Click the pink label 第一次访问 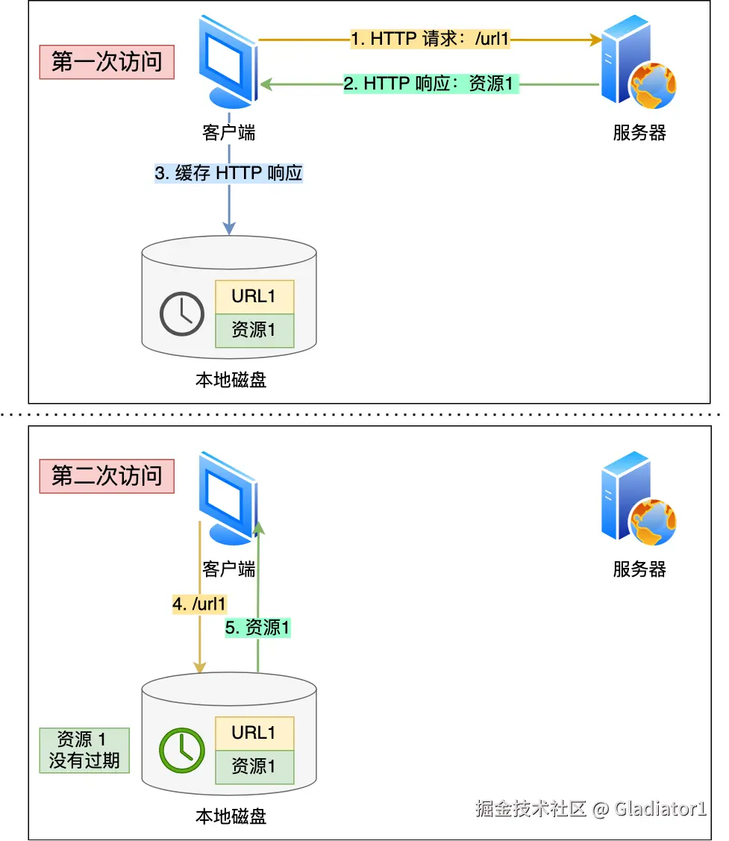click(107, 62)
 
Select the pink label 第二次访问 click(107, 476)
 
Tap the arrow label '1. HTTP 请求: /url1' click(430, 39)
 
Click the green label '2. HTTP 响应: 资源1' click(431, 84)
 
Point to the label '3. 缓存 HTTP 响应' click(228, 173)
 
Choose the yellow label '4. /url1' click(199, 604)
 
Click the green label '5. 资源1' click(257, 628)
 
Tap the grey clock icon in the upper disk click(182, 313)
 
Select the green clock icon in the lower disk click(182, 751)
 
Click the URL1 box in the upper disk click(254, 296)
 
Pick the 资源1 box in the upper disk click(254, 331)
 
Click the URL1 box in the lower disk click(254, 734)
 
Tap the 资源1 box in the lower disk click(254, 767)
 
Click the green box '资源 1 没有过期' click(84, 751)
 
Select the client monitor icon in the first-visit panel click(228, 61)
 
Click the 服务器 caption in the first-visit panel click(639, 133)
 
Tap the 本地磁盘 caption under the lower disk click(231, 816)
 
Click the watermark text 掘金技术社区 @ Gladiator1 click(591, 808)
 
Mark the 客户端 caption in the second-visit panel click(228, 569)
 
